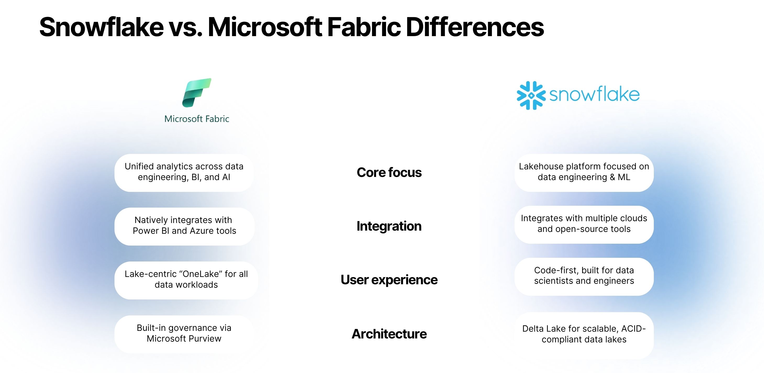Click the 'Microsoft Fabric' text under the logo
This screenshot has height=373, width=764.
point(197,119)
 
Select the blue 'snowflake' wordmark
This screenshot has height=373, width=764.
point(594,94)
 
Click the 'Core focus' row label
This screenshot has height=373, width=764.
point(389,172)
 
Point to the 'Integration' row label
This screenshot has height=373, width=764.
point(389,226)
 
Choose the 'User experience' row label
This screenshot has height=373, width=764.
point(389,280)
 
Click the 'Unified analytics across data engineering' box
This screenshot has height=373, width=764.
point(184,172)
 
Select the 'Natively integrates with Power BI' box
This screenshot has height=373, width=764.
point(184,226)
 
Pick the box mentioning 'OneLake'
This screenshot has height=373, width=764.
point(186,280)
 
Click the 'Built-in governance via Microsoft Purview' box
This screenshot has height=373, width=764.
point(184,333)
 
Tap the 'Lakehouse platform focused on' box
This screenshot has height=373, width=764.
point(584,172)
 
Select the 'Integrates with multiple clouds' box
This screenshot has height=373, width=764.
point(584,224)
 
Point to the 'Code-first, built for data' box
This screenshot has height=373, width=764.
point(584,276)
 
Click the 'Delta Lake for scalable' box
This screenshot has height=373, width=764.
point(584,335)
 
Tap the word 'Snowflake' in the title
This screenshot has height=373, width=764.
point(102,27)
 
